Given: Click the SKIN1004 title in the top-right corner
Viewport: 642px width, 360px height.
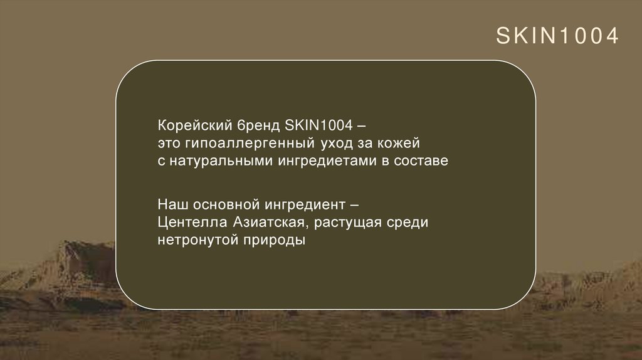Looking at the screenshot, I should point(557,36).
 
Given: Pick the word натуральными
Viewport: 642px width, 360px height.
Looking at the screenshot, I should point(219,161).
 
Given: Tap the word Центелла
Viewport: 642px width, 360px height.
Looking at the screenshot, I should point(184,222).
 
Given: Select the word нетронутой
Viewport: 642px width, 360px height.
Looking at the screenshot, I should point(194,241).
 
